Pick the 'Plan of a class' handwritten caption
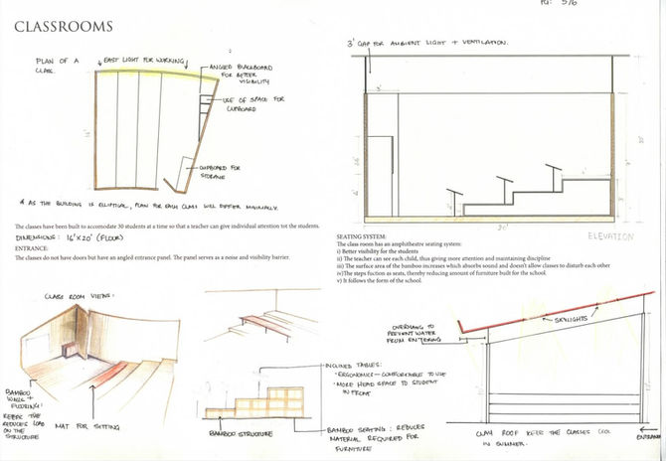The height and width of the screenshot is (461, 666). [x=56, y=67]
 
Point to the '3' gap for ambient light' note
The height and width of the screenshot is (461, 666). [x=427, y=43]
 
